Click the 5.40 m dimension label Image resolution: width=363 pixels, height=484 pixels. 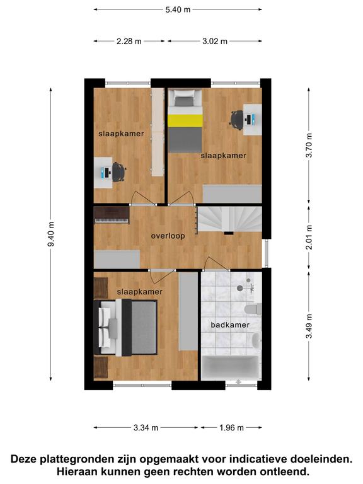click(178, 9)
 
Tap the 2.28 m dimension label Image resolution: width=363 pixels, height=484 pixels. click(129, 41)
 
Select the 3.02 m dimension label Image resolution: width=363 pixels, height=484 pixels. click(215, 41)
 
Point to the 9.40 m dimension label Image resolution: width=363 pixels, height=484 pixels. click(51, 234)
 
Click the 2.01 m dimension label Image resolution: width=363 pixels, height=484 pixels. click(309, 237)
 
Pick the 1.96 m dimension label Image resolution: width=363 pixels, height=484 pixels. click(231, 427)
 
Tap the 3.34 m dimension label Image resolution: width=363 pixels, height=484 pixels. click(146, 427)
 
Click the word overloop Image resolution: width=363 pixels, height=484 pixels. click(168, 236)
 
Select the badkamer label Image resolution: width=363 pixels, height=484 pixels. click(230, 325)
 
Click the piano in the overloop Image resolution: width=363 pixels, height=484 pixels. click(112, 215)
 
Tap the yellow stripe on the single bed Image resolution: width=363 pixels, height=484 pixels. click(185, 120)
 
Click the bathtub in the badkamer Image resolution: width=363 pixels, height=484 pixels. click(230, 368)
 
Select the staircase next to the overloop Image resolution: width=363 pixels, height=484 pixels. click(229, 219)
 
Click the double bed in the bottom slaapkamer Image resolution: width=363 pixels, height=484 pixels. click(125, 328)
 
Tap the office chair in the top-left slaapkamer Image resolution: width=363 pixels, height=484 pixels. click(119, 172)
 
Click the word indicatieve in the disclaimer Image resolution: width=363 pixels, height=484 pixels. click(255, 459)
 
